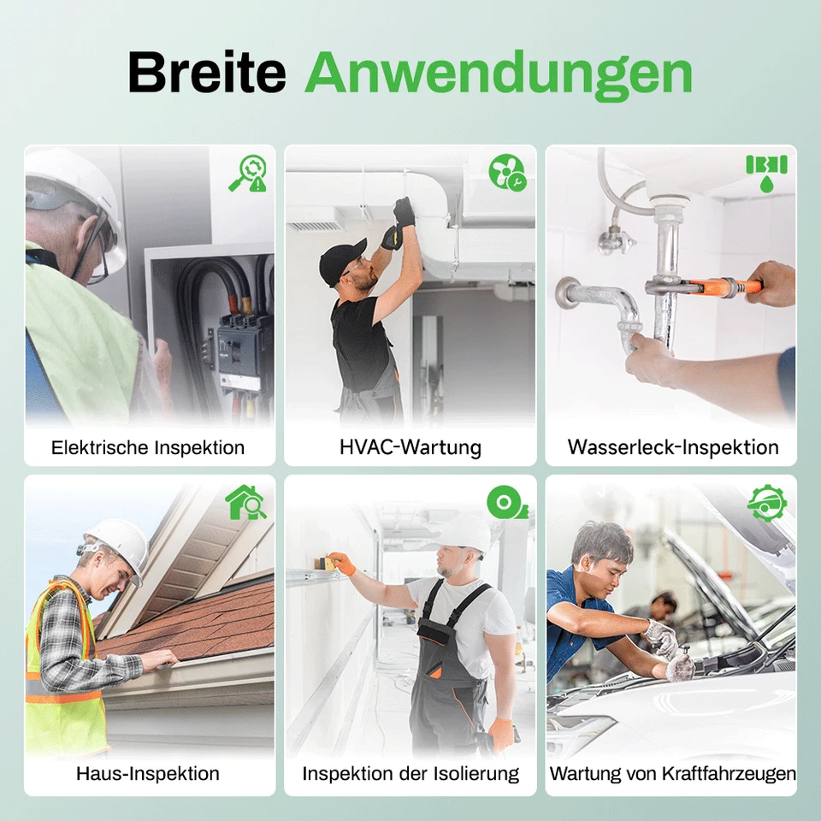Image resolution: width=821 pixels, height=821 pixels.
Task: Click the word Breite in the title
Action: coord(206,73)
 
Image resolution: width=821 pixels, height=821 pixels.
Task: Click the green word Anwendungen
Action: coord(498,74)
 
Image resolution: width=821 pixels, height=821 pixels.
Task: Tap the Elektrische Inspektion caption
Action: coord(148,447)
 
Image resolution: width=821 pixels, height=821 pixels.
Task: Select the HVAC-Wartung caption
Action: coord(410,447)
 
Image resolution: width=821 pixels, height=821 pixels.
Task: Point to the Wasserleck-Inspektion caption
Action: coord(672,447)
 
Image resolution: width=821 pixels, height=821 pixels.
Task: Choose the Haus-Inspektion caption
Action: coord(148,774)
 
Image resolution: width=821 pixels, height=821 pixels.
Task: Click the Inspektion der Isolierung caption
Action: coord(410,774)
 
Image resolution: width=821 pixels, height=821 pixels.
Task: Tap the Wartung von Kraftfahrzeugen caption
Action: coord(672,774)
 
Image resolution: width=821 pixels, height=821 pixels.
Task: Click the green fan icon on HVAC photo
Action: coord(506,172)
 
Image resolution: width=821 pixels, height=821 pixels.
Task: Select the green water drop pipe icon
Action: coord(766,172)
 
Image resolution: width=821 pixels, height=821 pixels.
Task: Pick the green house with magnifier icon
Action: coord(245,502)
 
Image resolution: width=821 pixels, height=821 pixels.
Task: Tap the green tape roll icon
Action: coord(506,502)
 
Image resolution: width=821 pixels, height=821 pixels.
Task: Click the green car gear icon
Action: coord(766,502)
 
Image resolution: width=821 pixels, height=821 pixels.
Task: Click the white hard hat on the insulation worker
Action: coord(464,533)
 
